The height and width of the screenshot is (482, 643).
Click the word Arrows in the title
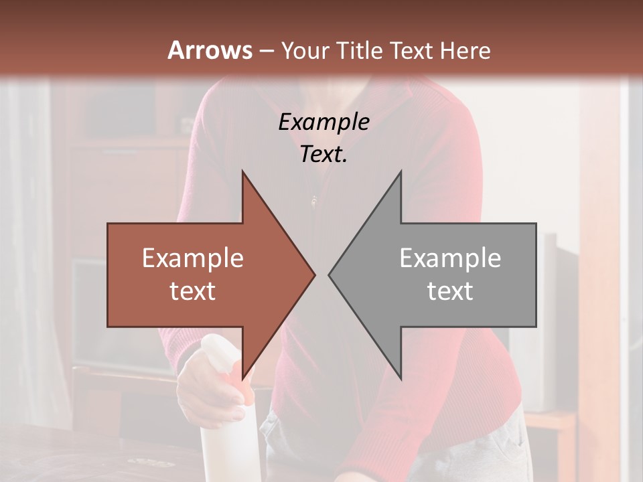(x=210, y=50)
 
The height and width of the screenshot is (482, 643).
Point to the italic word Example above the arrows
(x=324, y=122)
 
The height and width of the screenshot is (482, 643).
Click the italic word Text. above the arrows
(x=324, y=155)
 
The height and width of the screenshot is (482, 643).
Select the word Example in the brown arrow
(x=192, y=258)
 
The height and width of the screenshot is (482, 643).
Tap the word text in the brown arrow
(x=192, y=291)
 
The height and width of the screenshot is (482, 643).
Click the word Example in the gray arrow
(x=450, y=258)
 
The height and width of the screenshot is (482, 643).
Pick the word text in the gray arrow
(x=450, y=291)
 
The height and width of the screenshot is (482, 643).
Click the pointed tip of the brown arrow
(x=314, y=274)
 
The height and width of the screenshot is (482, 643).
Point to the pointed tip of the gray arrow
(x=330, y=274)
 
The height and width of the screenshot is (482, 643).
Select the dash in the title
(x=266, y=51)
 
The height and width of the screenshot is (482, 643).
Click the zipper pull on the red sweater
(x=313, y=199)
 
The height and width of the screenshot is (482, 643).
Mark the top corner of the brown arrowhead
(x=242, y=171)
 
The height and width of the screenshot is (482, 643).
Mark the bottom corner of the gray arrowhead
(x=401, y=379)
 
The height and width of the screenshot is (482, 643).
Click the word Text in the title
(x=410, y=50)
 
